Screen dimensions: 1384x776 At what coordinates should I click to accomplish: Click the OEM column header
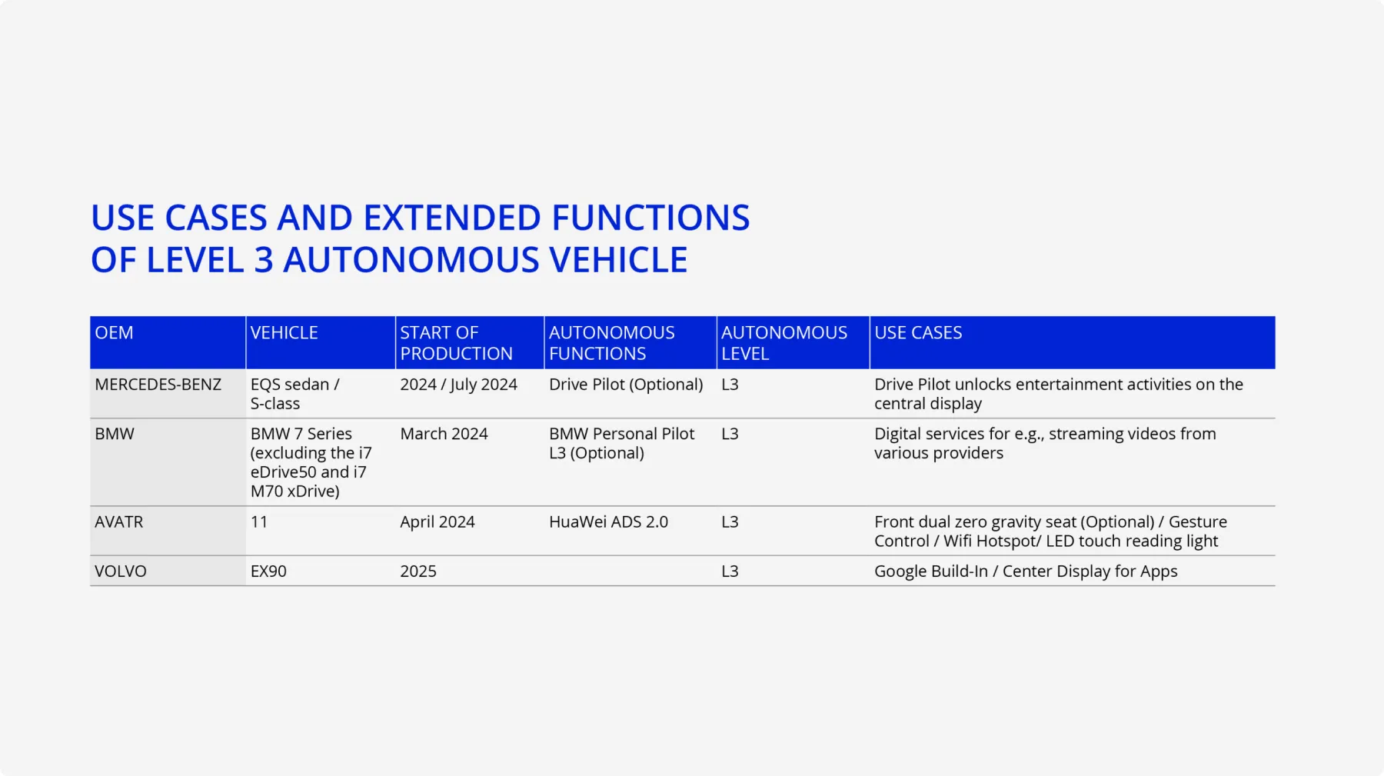[114, 332]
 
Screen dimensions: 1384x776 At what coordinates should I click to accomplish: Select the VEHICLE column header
[284, 332]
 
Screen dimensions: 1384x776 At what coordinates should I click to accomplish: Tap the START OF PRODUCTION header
[456, 343]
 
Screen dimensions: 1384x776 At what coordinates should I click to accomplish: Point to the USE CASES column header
[918, 332]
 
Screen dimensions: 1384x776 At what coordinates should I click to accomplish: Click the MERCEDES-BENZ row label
[158, 385]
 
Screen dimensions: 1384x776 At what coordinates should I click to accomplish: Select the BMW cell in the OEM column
[115, 434]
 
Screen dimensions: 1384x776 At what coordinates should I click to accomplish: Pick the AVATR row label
[119, 521]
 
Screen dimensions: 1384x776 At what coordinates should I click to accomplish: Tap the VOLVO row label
[121, 571]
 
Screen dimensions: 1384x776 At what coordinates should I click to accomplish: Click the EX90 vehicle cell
[268, 571]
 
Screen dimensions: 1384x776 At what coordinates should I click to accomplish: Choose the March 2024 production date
[444, 434]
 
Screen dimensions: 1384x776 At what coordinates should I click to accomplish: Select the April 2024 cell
[437, 522]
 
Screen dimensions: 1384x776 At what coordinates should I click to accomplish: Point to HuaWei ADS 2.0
[608, 521]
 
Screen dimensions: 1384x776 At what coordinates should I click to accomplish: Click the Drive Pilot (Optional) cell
[626, 385]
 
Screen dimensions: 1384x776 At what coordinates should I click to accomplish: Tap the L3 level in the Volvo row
[730, 571]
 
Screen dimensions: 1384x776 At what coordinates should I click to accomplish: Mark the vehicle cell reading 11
[259, 521]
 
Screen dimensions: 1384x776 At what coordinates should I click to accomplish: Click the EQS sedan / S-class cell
[294, 394]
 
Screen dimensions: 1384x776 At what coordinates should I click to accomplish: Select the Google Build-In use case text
[931, 571]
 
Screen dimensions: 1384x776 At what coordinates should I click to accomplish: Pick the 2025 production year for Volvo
[418, 571]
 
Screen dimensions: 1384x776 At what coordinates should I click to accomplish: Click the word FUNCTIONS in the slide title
[650, 218]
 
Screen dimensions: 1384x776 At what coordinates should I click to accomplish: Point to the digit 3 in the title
[264, 260]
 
